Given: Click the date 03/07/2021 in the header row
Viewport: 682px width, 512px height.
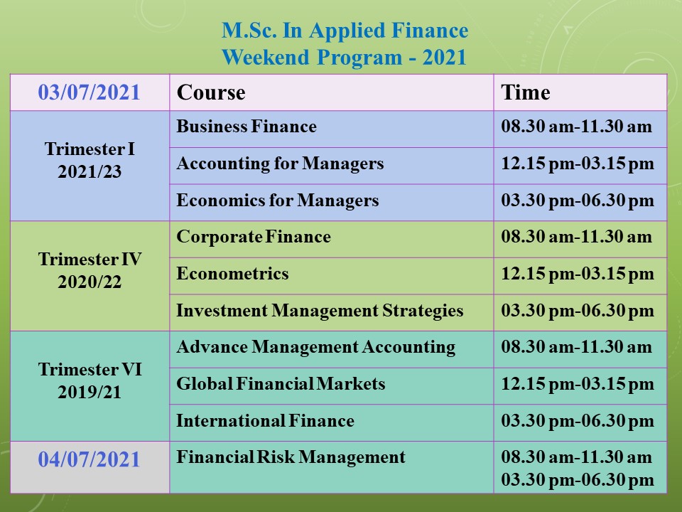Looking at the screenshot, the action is click(x=90, y=92).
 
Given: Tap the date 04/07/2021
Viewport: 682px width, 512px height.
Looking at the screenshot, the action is click(x=90, y=459).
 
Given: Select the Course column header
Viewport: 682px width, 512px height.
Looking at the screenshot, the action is click(x=211, y=92).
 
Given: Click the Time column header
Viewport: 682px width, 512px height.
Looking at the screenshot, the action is click(x=526, y=92).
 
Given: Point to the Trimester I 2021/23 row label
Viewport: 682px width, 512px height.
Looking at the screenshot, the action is click(x=90, y=160).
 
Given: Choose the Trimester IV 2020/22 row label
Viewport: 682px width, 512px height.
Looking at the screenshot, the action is click(x=90, y=270).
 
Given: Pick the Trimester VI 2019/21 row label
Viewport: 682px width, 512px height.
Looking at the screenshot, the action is click(x=90, y=380).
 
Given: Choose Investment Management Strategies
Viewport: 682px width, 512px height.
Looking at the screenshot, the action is click(x=320, y=311).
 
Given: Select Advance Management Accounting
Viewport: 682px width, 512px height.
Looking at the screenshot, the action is click(x=315, y=347).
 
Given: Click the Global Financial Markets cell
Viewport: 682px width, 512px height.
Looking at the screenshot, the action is click(x=281, y=383).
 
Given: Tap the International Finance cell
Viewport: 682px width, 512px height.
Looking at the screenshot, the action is click(x=265, y=420).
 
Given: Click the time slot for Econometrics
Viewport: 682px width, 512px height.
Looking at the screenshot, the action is click(x=578, y=274).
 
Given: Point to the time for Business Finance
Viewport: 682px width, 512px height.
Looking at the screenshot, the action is click(x=577, y=127).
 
